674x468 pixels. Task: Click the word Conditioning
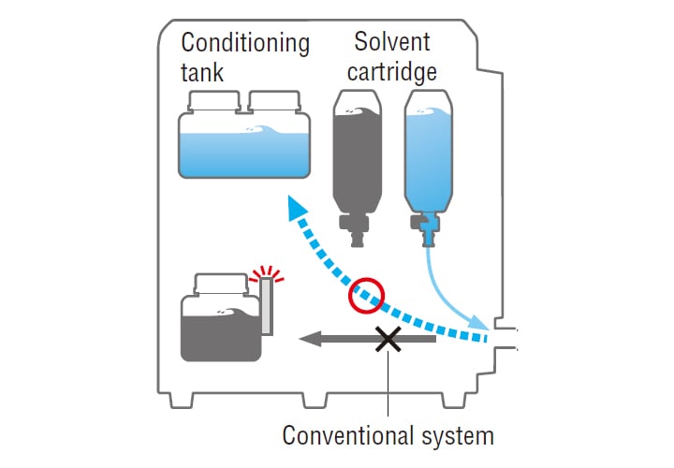[244, 43]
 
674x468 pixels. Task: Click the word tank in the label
[202, 72]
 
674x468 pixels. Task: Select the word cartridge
[394, 71]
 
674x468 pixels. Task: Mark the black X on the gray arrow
[387, 339]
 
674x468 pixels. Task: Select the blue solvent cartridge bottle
[428, 154]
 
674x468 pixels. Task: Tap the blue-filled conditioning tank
[244, 150]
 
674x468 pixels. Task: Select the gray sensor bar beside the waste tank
[266, 308]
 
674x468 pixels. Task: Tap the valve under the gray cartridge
[357, 227]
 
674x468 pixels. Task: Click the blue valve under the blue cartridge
[428, 227]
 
